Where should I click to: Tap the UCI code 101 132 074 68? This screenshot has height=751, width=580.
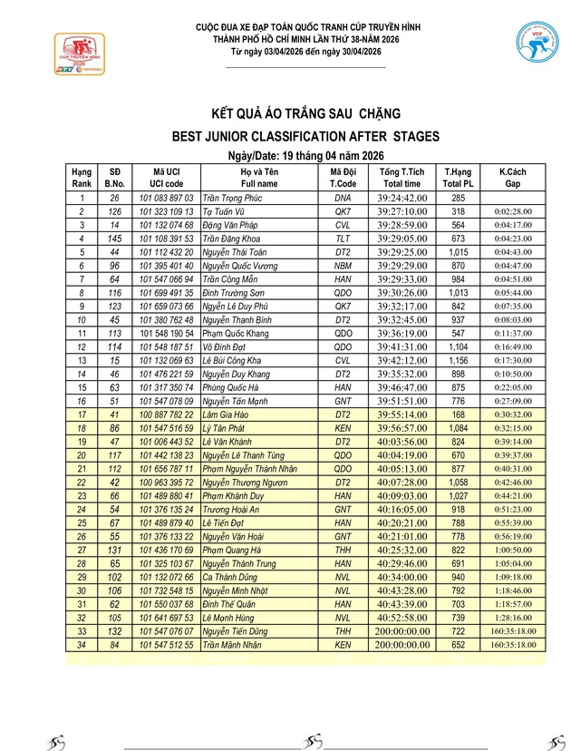167,225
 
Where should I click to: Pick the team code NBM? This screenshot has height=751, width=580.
343,266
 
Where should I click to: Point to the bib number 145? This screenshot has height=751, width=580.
115,239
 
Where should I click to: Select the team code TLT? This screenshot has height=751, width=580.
343,239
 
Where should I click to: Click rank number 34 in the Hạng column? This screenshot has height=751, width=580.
82,645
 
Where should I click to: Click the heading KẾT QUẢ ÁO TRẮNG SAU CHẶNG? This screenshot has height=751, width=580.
304,114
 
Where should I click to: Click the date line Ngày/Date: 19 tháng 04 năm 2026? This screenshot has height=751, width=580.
304,156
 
